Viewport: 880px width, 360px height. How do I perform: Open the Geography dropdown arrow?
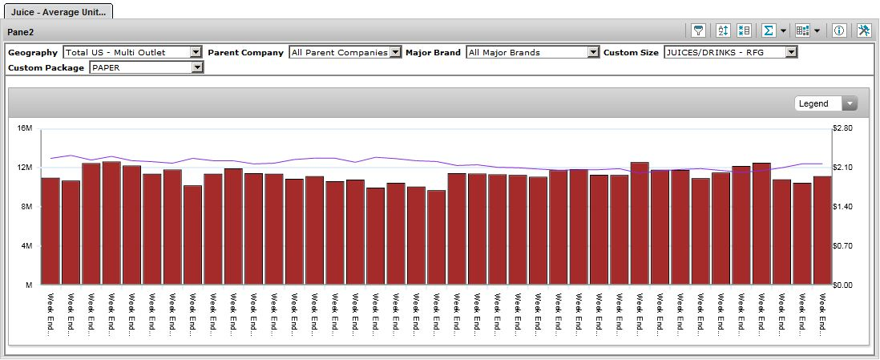pos(196,52)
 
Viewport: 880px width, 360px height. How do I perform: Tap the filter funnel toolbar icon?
pos(700,31)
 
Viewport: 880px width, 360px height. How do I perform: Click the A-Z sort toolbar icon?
pos(723,31)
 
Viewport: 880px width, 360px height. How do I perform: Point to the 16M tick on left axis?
pos(24,128)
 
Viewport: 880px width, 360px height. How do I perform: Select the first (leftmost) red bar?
pos(50,231)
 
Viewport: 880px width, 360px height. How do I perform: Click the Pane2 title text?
pos(21,31)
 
